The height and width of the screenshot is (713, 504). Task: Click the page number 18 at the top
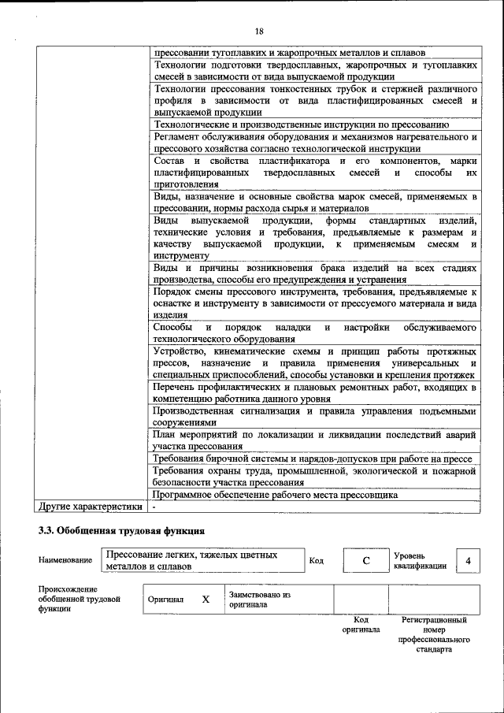259,31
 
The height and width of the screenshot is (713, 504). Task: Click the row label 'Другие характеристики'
90,507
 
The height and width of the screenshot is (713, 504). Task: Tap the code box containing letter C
365,560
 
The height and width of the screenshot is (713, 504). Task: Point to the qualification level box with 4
468,560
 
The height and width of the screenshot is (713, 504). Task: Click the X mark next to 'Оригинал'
206,599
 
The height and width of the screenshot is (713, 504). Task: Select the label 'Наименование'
65,560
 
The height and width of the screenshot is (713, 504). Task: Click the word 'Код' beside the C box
316,560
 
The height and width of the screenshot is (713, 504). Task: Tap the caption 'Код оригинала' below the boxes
361,625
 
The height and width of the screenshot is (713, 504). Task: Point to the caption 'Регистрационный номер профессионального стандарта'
434,635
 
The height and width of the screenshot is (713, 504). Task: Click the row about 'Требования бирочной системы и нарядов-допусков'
312,459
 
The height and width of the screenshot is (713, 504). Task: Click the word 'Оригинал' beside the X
165,600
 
